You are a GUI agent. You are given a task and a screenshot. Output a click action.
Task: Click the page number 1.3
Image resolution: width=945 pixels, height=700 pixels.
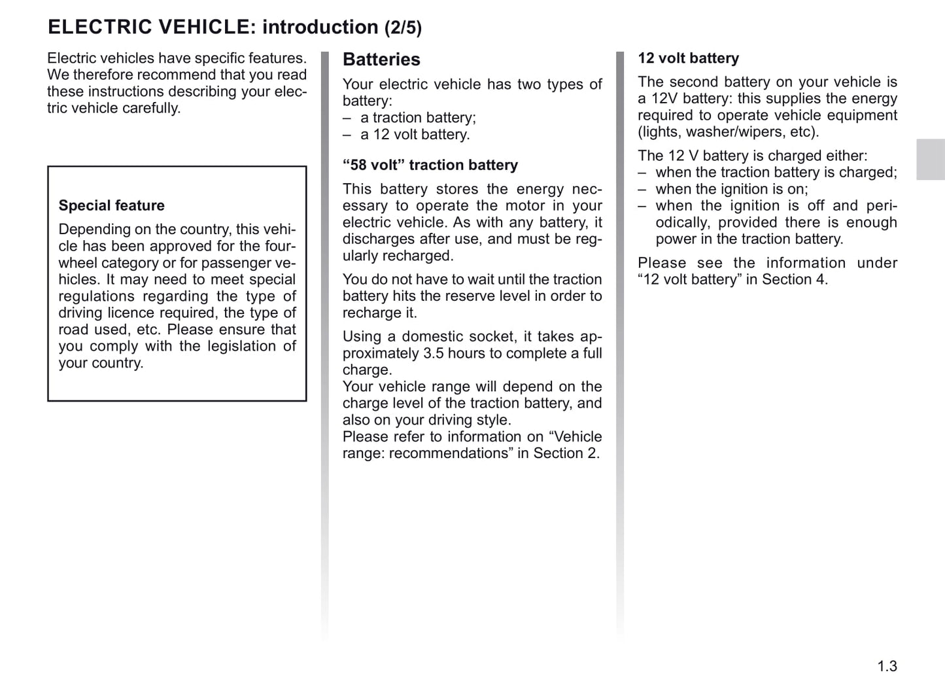(x=887, y=666)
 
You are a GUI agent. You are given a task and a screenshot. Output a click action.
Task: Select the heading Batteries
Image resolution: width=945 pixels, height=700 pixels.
(x=381, y=60)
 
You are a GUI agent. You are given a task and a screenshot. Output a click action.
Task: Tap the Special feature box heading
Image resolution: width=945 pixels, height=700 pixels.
(x=111, y=205)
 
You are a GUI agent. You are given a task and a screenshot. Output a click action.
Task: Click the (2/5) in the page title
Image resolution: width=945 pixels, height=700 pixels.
(x=403, y=28)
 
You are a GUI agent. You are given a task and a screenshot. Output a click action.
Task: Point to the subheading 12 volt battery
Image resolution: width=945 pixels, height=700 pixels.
(x=688, y=58)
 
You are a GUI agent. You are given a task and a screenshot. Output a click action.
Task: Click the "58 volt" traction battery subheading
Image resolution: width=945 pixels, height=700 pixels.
(x=430, y=165)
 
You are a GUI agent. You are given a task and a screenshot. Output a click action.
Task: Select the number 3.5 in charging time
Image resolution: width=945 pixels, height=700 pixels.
(x=434, y=353)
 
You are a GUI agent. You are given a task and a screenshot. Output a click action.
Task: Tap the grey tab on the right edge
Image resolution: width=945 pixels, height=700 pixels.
(x=930, y=159)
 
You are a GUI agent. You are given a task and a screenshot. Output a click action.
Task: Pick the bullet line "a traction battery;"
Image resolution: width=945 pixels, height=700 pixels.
(x=418, y=118)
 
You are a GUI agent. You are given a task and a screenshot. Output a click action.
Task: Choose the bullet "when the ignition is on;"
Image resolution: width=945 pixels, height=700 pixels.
(x=731, y=189)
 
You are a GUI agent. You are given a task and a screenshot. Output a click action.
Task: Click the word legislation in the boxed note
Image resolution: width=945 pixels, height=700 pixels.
(x=242, y=346)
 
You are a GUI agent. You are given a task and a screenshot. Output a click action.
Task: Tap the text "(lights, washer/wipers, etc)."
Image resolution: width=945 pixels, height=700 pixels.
(x=728, y=131)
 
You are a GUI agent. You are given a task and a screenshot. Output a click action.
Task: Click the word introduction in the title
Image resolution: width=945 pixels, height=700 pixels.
(x=320, y=27)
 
